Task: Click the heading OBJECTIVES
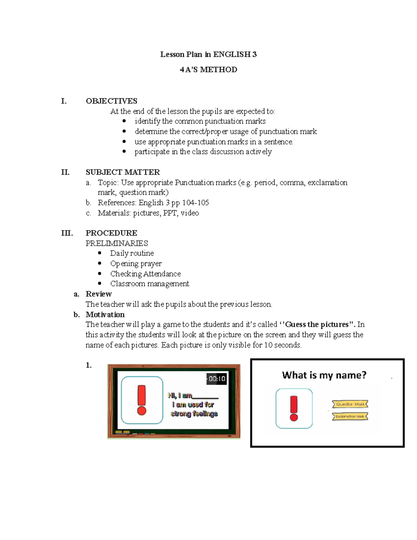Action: [112, 101]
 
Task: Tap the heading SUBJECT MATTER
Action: [123, 172]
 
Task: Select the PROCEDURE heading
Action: [111, 233]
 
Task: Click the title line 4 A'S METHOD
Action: [208, 70]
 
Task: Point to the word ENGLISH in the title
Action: [232, 54]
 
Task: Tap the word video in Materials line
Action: [190, 213]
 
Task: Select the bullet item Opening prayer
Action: [136, 264]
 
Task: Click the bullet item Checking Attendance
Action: [145, 274]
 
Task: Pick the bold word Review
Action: [99, 294]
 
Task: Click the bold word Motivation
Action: [105, 314]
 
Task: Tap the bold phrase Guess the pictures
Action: [317, 324]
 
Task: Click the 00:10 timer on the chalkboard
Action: [217, 379]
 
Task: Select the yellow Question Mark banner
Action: [350, 404]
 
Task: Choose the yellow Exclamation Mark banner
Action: [350, 416]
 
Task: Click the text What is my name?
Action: [324, 375]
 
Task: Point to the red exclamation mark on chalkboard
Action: [142, 400]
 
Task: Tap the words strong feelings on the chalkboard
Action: [194, 414]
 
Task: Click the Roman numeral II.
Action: [65, 172]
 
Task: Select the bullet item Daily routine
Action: [132, 253]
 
